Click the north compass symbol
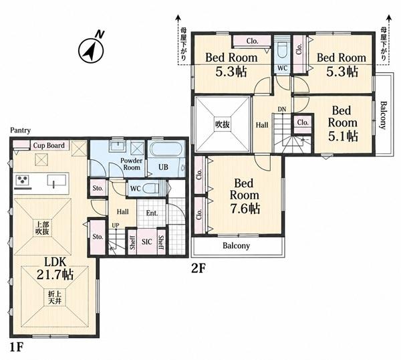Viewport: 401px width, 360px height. pyautogui.click(x=92, y=49)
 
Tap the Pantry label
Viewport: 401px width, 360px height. pyautogui.click(x=21, y=130)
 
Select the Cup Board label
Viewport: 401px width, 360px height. pyautogui.click(x=49, y=145)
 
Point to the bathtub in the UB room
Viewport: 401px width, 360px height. pyautogui.click(x=166, y=149)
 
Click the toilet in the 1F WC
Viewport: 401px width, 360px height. pyautogui.click(x=151, y=189)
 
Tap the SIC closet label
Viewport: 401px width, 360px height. pyautogui.click(x=147, y=242)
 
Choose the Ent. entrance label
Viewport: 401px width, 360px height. pyautogui.click(x=152, y=213)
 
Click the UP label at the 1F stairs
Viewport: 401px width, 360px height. pyautogui.click(x=116, y=226)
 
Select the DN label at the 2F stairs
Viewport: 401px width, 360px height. pyautogui.click(x=282, y=109)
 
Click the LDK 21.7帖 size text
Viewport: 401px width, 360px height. pyautogui.click(x=55, y=268)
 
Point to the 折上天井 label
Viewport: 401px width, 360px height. pyautogui.click(x=55, y=297)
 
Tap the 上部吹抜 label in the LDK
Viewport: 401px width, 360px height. pyautogui.click(x=42, y=228)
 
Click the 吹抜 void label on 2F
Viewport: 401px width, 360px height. pyautogui.click(x=222, y=124)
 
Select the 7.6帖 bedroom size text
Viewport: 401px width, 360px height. pyautogui.click(x=245, y=208)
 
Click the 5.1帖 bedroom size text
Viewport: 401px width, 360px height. pyautogui.click(x=343, y=136)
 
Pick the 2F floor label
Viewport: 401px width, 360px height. pyautogui.click(x=198, y=268)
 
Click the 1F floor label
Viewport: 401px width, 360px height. pyautogui.click(x=17, y=347)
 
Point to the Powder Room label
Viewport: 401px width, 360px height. pyautogui.click(x=132, y=164)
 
